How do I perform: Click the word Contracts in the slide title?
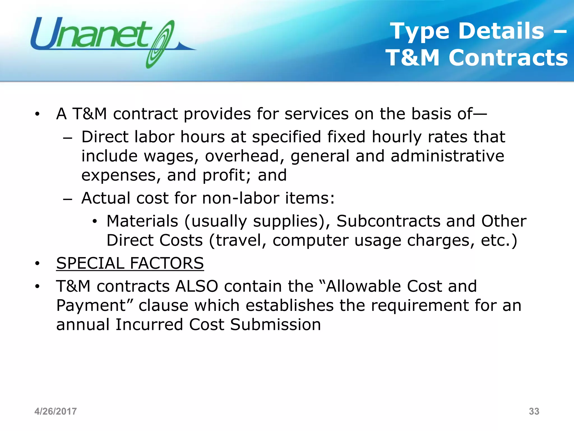(x=508, y=58)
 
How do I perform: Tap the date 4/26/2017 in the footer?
(x=55, y=411)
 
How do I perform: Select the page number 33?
(x=534, y=411)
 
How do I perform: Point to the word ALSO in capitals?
(x=196, y=286)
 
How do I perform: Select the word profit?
(x=224, y=175)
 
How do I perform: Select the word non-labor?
(x=240, y=198)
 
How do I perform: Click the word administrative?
(x=447, y=156)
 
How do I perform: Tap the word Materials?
(x=142, y=221)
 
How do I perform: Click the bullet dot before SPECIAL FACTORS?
(x=37, y=263)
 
